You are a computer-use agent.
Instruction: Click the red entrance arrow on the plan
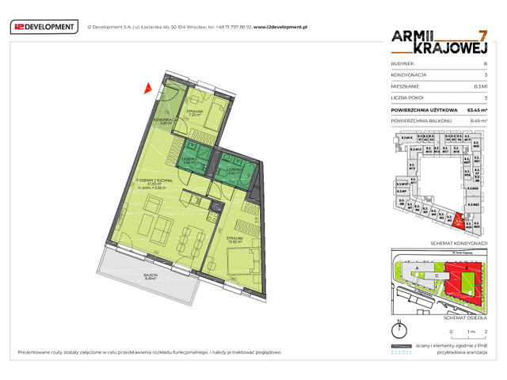[146, 88]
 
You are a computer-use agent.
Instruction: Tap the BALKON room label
[151, 276]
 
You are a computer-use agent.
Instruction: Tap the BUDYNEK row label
[402, 63]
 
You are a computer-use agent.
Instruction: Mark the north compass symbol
[402, 330]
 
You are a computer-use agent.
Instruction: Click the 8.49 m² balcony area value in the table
[477, 120]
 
